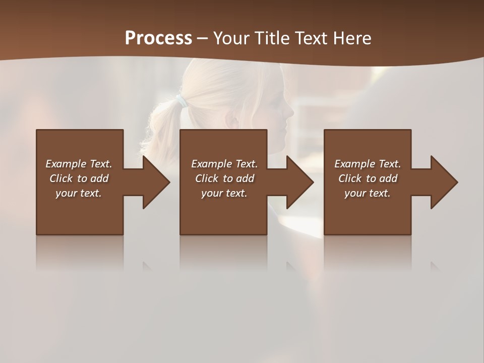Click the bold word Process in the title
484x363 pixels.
(x=158, y=38)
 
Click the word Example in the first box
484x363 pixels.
(x=66, y=164)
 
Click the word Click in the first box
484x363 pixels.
(x=61, y=178)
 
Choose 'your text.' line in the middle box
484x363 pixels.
(x=224, y=193)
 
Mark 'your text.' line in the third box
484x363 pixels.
(x=367, y=193)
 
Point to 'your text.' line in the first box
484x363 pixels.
(x=78, y=193)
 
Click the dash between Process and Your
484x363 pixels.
(x=202, y=39)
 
